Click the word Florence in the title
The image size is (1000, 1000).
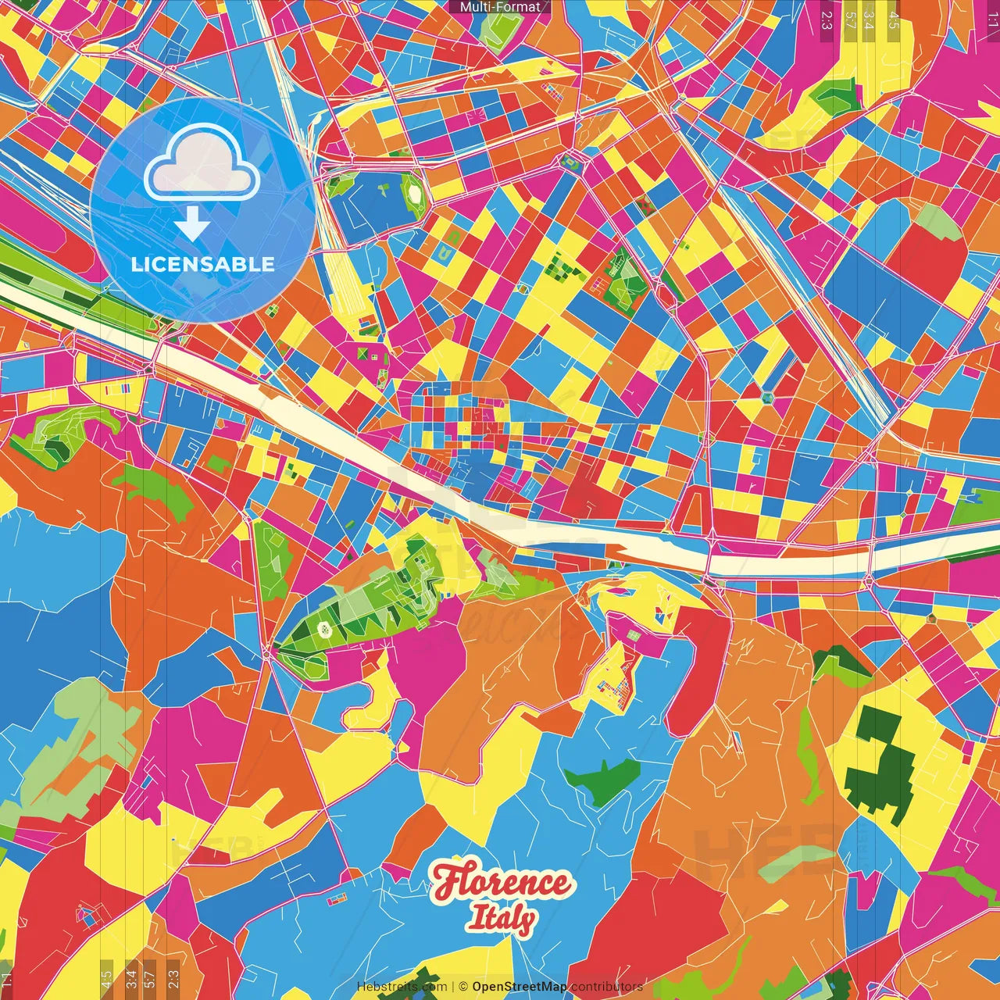[502, 883]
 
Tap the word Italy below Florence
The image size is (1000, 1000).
[502, 919]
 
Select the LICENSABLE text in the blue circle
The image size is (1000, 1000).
[203, 264]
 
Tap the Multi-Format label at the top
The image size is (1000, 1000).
[500, 7]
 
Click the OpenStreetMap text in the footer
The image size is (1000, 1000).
[520, 987]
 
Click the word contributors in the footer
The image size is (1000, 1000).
[607, 987]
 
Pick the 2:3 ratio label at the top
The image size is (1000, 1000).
[827, 20]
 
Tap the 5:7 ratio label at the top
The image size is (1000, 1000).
[850, 20]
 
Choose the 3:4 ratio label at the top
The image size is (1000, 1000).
[869, 20]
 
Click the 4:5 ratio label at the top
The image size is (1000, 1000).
[894, 20]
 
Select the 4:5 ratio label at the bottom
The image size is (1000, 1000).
[106, 979]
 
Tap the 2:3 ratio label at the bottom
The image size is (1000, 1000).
[173, 979]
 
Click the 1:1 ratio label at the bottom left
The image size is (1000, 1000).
[7, 979]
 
